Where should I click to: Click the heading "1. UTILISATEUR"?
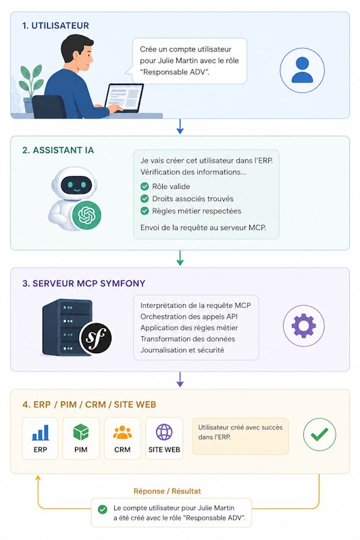[x=55, y=26]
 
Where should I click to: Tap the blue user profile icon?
[x=302, y=70]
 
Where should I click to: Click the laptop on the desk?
[x=124, y=98]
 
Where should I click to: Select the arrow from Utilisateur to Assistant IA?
[x=180, y=126]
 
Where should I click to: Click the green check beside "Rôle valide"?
[x=145, y=186]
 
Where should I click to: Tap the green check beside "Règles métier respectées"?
[x=145, y=211]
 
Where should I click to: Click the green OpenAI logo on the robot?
[x=86, y=215]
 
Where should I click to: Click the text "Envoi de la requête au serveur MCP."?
[x=203, y=227]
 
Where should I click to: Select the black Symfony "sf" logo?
[x=96, y=338]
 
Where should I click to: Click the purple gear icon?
[x=303, y=325]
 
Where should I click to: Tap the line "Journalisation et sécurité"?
[x=182, y=350]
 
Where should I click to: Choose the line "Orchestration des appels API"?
[x=189, y=317]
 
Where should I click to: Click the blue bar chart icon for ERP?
[x=41, y=433]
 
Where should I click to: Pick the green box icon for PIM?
[x=81, y=432]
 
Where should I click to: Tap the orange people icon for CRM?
[x=122, y=433]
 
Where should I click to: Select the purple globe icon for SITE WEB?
[x=164, y=432]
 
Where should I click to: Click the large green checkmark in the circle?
[x=319, y=434]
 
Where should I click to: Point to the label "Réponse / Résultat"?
[x=167, y=491]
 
